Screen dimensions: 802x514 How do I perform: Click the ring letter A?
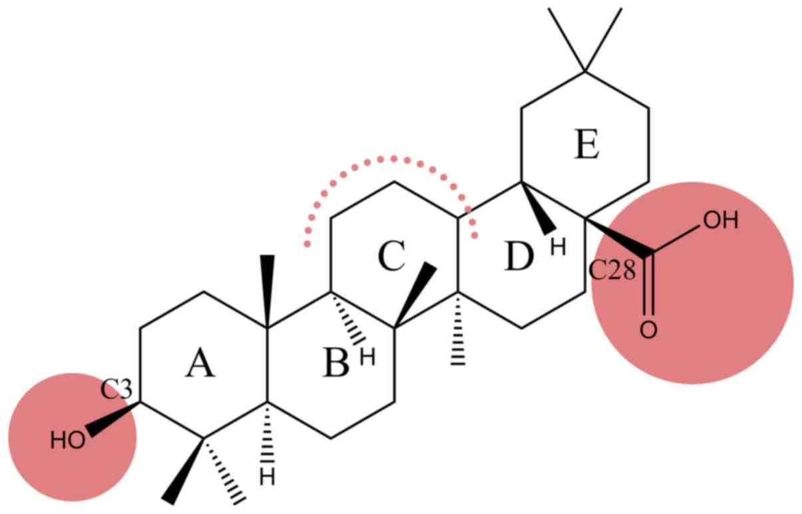200,365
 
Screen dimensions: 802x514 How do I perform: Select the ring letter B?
335,365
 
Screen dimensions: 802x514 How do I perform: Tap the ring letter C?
391,257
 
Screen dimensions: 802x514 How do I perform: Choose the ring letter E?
586,146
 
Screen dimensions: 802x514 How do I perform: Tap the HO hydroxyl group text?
68,440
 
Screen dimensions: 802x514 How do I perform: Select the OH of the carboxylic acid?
721,220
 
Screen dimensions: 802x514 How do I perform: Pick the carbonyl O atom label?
649,331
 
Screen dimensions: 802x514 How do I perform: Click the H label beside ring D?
558,248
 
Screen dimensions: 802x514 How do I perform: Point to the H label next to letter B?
367,357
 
